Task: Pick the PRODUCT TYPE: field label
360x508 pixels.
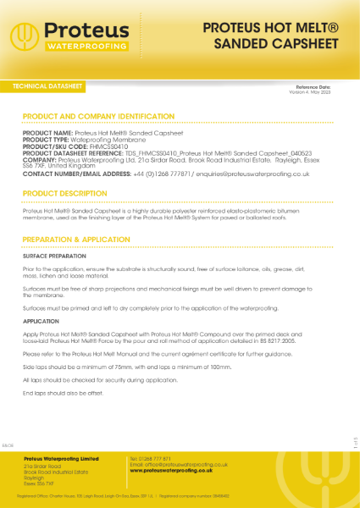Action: point(47,139)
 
